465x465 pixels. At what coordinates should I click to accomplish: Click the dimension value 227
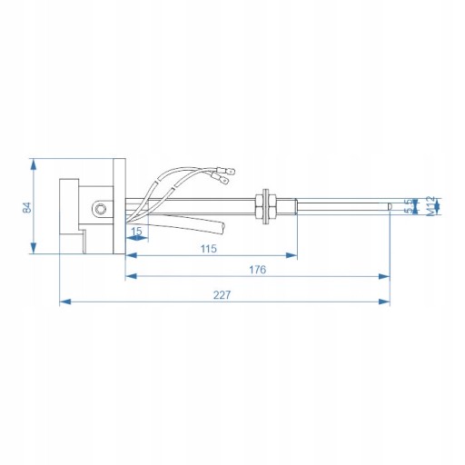(222, 294)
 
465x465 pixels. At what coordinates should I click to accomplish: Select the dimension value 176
(257, 270)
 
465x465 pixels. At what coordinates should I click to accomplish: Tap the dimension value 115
(209, 249)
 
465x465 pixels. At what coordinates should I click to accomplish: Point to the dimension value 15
(136, 231)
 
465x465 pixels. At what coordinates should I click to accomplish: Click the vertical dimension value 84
(27, 207)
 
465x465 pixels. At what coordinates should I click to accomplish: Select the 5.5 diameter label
(409, 206)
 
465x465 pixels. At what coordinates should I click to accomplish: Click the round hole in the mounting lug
(99, 208)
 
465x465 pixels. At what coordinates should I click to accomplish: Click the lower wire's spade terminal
(221, 179)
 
